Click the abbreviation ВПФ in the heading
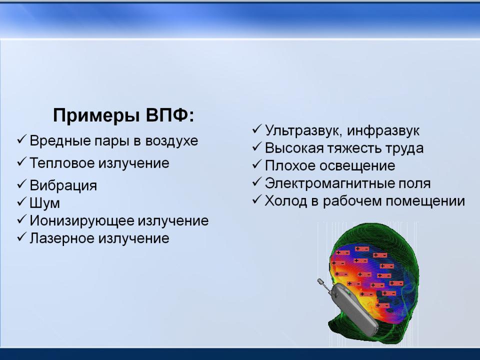pos(170,115)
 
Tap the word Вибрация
pos(63,185)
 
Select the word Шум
pos(44,203)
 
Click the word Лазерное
pos(62,238)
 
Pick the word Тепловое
pos(62,163)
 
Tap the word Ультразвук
pos(303,130)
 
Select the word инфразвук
pos(383,130)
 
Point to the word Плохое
pos(291,165)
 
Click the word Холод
pos(286,201)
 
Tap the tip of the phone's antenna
pos(320,280)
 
